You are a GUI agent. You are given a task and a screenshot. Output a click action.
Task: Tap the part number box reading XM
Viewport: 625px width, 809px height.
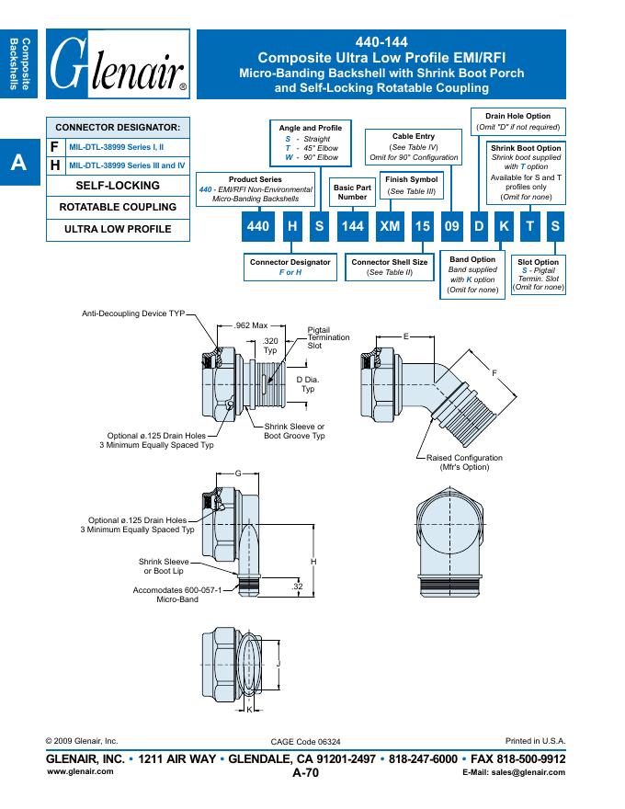pyautogui.click(x=390, y=226)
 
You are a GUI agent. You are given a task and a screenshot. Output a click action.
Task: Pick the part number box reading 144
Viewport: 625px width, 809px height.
pyautogui.click(x=353, y=226)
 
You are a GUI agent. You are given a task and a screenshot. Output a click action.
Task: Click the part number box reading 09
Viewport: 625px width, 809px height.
pyautogui.click(x=451, y=226)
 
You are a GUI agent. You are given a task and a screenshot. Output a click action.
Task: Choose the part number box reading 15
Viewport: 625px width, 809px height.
pyautogui.click(x=421, y=226)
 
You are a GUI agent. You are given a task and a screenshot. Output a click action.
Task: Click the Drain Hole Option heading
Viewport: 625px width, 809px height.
pyautogui.click(x=518, y=116)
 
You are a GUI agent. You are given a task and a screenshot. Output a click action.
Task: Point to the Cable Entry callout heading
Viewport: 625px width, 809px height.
pyautogui.click(x=413, y=137)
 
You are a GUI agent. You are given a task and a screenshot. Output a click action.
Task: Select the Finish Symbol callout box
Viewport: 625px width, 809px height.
pyautogui.click(x=411, y=185)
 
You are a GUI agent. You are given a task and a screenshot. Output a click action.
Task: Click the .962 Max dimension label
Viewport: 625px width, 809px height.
pyautogui.click(x=251, y=325)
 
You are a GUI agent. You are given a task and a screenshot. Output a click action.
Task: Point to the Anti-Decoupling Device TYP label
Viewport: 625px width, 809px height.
pyautogui.click(x=133, y=313)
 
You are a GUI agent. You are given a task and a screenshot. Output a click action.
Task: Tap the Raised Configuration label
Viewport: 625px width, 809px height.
pyautogui.click(x=464, y=458)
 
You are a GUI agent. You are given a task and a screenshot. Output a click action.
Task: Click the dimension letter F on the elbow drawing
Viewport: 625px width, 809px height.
pyautogui.click(x=494, y=372)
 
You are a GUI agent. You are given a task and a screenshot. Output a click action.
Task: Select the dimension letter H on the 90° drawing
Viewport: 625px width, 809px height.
pyautogui.click(x=313, y=562)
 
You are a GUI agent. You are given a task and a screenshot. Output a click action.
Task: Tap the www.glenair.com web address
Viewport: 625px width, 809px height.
pyautogui.click(x=80, y=771)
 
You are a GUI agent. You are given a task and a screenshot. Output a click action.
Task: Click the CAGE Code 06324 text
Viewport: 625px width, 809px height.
pyautogui.click(x=306, y=741)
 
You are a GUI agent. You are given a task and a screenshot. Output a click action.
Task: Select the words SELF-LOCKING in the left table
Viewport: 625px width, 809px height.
pyautogui.click(x=117, y=186)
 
